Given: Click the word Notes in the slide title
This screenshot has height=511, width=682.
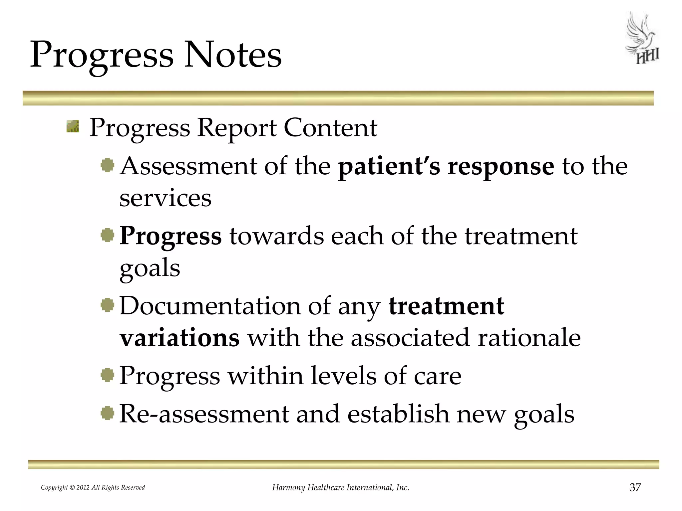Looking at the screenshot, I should (233, 55).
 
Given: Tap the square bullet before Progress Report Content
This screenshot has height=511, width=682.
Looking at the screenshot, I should (73, 126).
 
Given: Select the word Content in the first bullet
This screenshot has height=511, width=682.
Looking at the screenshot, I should (330, 128).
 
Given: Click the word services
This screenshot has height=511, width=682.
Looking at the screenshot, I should (165, 198).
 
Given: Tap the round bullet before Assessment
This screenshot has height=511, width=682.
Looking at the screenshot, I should (108, 165).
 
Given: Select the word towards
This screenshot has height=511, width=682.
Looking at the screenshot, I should (276, 236).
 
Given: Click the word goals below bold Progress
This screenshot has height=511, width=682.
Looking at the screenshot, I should (150, 269).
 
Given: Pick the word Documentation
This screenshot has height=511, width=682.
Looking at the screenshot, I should (210, 306).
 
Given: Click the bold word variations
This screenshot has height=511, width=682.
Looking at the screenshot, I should (179, 338).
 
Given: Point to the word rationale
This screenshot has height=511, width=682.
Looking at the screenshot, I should (529, 338).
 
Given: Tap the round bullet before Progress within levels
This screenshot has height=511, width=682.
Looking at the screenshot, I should (108, 375).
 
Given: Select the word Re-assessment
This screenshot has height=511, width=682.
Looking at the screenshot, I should (204, 415).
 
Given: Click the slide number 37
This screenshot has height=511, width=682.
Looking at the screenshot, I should (635, 487).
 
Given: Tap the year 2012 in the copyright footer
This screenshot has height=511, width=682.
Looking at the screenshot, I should (83, 488).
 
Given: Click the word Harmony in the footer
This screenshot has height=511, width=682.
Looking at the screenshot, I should (288, 488).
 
